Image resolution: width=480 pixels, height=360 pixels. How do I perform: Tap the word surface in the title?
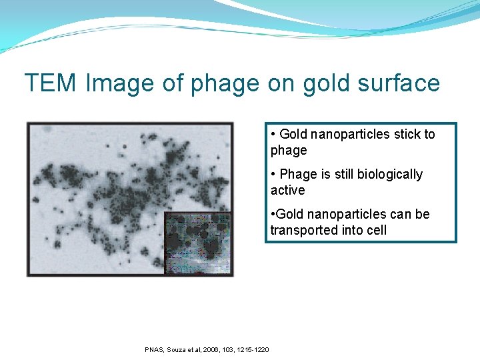[x=403, y=83]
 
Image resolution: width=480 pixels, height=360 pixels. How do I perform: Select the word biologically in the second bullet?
[x=390, y=174]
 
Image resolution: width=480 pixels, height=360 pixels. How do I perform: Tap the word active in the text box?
[x=287, y=190]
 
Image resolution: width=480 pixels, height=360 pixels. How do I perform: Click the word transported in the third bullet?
[x=303, y=230]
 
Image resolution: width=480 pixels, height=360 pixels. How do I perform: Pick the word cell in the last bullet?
[x=375, y=230]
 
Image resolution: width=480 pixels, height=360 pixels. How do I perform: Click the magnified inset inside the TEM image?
[x=197, y=243]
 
